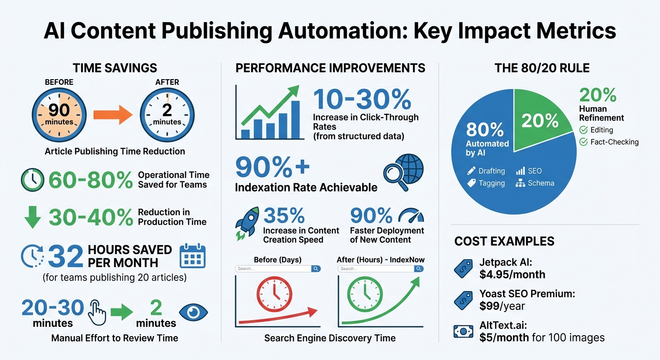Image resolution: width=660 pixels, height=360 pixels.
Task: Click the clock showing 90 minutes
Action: pyautogui.click(x=59, y=113)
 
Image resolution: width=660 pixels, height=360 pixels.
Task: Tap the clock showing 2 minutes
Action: pyautogui.click(x=167, y=113)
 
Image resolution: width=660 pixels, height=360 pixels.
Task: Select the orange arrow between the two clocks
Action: pyautogui.click(x=113, y=114)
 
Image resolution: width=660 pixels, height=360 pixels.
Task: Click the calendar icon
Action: pyautogui.click(x=193, y=256)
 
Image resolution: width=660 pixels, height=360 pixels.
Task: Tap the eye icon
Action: pyautogui.click(x=194, y=313)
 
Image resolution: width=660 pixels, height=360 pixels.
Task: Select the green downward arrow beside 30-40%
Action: pyautogui.click(x=32, y=217)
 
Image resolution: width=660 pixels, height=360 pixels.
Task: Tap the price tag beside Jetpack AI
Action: pyautogui.click(x=464, y=269)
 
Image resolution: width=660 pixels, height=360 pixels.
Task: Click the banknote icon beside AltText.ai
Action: pyautogui.click(x=464, y=331)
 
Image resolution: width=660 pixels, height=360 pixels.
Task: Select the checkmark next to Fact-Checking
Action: pyautogui.click(x=584, y=142)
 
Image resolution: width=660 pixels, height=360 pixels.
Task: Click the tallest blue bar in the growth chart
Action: pyautogui.click(x=295, y=120)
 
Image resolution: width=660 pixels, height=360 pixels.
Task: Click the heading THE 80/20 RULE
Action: pyautogui.click(x=542, y=68)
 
